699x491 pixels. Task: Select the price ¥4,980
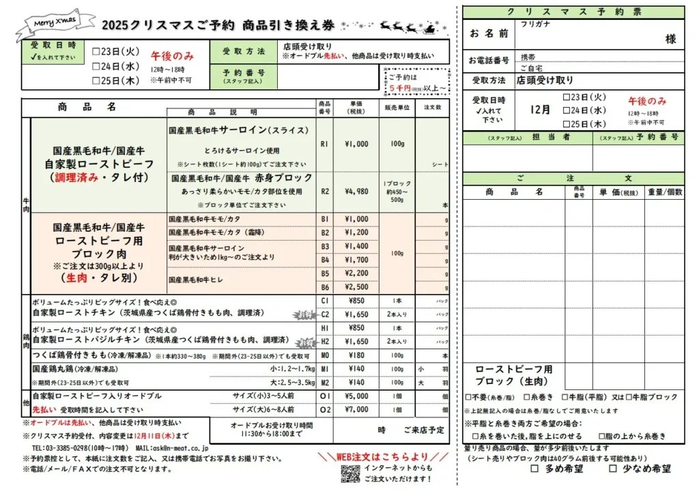pos(357,191)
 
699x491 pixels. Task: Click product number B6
pos(325,287)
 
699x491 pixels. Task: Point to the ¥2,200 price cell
pos(357,273)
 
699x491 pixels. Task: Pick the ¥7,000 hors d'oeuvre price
pos(357,409)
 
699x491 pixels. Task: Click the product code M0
pos(325,355)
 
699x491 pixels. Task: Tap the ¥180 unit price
pos(357,355)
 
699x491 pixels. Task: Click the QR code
pos(350,474)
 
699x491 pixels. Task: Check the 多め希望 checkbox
pos(534,469)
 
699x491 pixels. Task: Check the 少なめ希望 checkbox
pos(613,469)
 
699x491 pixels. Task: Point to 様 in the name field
pos(670,39)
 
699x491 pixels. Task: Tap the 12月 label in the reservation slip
pos(540,109)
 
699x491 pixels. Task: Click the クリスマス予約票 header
pos(573,12)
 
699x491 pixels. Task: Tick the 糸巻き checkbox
pos(527,397)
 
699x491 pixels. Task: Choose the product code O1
pos(325,396)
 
